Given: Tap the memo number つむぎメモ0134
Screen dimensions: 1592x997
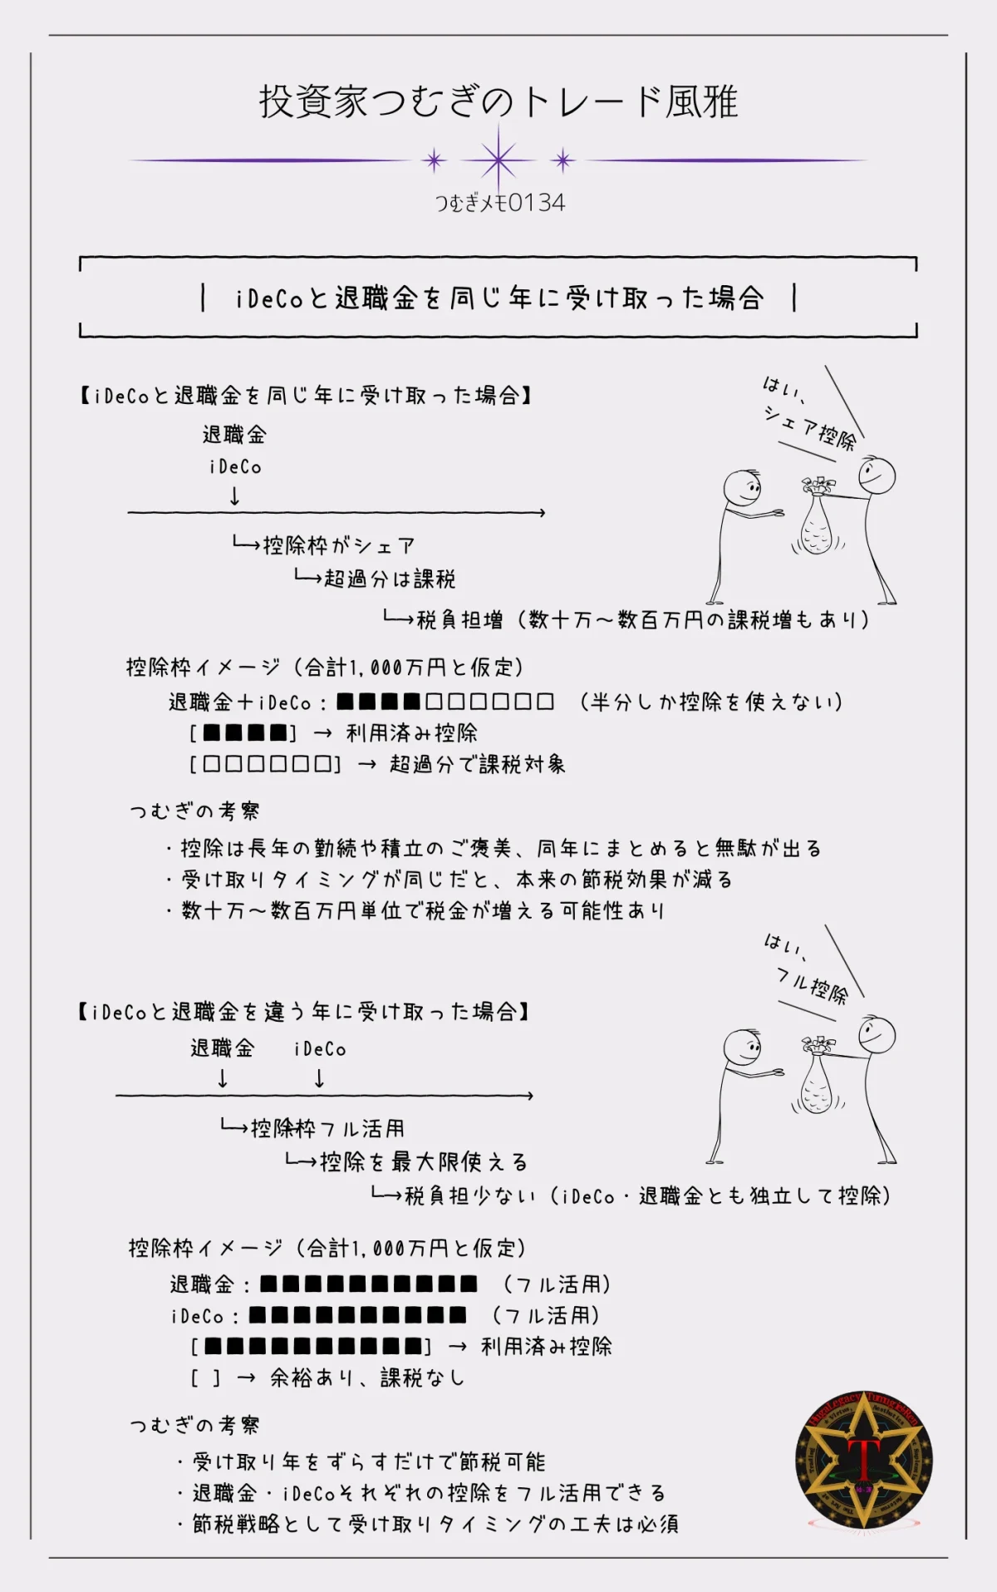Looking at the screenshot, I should (500, 203).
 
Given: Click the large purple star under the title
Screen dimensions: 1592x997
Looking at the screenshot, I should (498, 160).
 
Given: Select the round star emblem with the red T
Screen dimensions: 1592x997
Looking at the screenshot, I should (864, 1461).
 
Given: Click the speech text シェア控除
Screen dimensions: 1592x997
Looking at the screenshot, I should (809, 425).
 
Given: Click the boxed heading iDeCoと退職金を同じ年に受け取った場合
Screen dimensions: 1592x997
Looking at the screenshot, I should (498, 298).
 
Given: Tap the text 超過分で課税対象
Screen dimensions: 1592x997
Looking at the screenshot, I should (477, 764).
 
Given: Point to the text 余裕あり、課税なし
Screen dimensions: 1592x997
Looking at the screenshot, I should (367, 1378).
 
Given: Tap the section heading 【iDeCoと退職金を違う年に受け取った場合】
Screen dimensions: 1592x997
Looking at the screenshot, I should (303, 1012).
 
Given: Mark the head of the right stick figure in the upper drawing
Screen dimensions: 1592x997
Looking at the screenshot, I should (877, 476).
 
